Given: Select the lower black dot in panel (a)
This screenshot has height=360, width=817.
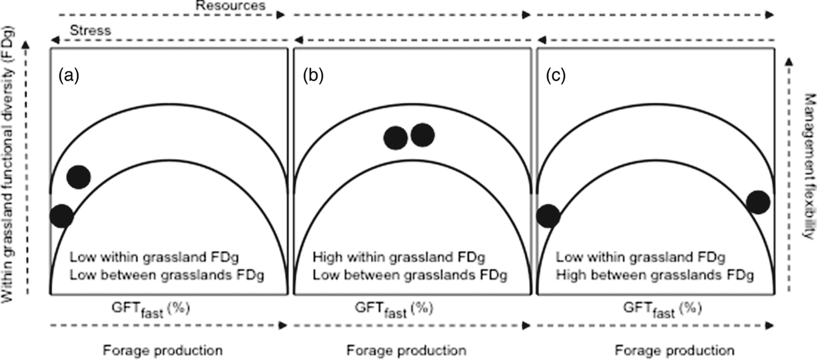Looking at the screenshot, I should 61,216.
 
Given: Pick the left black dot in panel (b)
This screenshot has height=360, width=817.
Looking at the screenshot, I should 396,138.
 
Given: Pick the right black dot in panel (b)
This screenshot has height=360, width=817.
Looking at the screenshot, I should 423,135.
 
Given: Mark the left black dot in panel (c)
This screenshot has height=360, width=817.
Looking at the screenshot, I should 548,216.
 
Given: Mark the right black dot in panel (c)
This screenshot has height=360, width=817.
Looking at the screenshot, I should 758,202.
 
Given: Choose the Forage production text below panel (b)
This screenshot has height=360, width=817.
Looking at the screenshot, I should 406,351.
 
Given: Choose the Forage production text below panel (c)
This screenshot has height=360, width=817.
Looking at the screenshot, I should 675,351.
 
